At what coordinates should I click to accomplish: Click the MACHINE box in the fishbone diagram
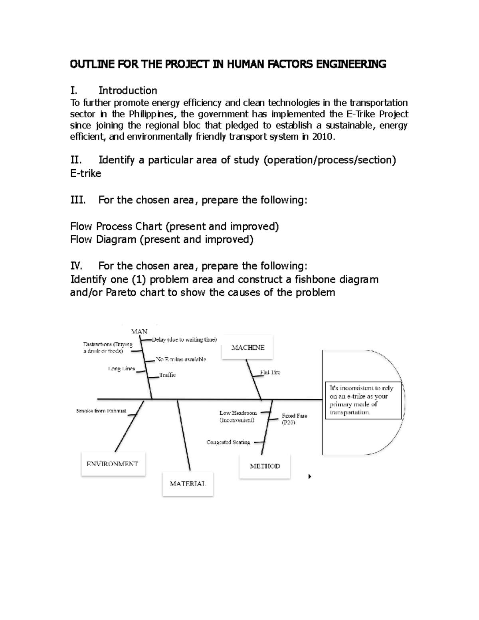[x=247, y=347]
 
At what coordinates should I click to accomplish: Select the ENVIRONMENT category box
[x=113, y=464]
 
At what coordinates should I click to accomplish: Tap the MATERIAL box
[x=188, y=483]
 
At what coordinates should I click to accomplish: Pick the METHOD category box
[x=265, y=466]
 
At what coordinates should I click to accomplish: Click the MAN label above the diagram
[x=139, y=331]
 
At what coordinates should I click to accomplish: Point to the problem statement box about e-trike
[x=363, y=400]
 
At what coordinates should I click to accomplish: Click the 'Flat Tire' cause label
[x=270, y=372]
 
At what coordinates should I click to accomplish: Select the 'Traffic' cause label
[x=168, y=375]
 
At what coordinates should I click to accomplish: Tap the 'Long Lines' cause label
[x=121, y=368]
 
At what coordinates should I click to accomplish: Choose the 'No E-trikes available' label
[x=181, y=359]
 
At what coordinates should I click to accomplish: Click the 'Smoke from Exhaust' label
[x=101, y=411]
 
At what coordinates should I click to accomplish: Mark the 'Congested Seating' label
[x=228, y=442]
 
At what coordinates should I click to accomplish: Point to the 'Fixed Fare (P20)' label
[x=294, y=419]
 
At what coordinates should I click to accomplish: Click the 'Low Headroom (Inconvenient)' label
[x=238, y=416]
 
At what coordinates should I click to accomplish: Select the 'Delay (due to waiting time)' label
[x=184, y=340]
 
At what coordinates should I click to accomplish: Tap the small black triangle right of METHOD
[x=310, y=476]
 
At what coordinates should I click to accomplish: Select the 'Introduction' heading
[x=128, y=91]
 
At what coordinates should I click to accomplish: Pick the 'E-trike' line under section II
[x=86, y=174]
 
